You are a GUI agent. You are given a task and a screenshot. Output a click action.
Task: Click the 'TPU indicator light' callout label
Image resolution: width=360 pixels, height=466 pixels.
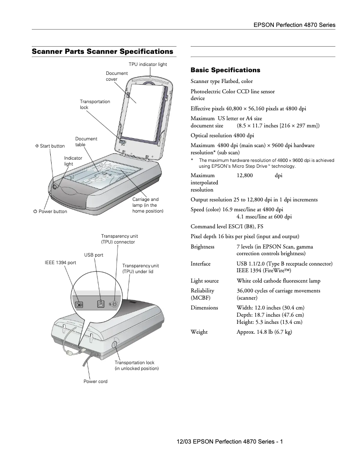[x=148, y=65]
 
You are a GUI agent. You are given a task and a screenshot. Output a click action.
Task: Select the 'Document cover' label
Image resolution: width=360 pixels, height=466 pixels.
[x=117, y=76]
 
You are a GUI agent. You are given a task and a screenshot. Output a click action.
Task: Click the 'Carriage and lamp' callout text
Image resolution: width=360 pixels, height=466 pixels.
[x=148, y=205]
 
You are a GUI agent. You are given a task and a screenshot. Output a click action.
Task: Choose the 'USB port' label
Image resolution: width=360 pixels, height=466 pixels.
[x=94, y=255]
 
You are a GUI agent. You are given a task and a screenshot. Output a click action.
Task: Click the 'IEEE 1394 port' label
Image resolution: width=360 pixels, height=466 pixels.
[x=60, y=262]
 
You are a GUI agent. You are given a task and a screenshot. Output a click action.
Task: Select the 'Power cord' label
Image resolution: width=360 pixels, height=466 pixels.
[x=95, y=382]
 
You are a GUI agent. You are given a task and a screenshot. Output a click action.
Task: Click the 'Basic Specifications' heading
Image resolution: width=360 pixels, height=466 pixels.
[x=225, y=70]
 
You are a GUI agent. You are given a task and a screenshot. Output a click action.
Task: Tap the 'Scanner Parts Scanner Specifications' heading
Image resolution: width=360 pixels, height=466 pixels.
[x=102, y=52]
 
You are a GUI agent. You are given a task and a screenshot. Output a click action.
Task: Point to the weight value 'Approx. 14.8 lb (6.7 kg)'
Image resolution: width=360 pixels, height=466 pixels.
[x=264, y=332]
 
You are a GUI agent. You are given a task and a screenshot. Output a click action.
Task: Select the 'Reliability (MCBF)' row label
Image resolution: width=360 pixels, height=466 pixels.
[x=202, y=294]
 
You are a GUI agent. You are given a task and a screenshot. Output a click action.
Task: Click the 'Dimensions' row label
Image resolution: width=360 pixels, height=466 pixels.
[x=204, y=308]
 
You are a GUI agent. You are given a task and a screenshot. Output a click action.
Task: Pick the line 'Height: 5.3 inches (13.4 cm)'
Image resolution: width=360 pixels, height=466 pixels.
[x=269, y=322]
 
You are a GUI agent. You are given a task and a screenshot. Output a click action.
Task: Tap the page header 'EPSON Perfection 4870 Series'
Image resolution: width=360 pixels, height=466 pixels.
[x=294, y=25]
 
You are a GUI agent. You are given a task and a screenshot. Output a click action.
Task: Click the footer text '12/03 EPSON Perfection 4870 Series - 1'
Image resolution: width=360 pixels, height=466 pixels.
[x=229, y=442]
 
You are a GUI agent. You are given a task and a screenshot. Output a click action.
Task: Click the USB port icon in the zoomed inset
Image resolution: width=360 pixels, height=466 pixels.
[x=101, y=304]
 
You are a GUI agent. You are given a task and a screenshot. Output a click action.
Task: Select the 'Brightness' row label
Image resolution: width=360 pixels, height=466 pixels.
[x=202, y=247]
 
